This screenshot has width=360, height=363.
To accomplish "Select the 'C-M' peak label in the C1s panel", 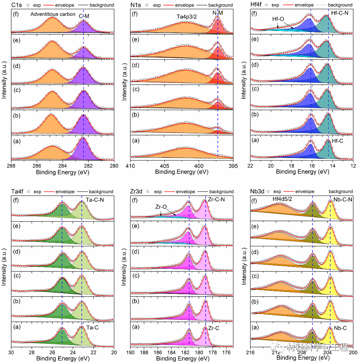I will point(84,17).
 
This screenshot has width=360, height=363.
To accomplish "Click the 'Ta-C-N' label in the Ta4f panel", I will point(95,199).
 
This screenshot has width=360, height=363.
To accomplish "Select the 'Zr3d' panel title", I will point(137,191).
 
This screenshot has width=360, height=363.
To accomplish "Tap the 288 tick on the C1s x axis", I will point(12,165).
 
